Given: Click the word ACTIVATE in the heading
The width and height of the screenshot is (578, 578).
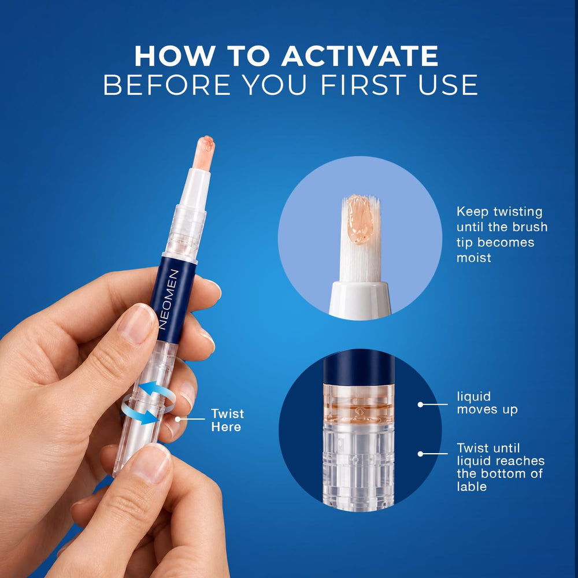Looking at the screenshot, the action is pyautogui.click(x=360, y=56).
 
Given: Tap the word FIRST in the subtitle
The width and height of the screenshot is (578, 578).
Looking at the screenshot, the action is pyautogui.click(x=364, y=85).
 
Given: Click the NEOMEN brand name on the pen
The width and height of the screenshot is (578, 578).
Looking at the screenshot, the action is pyautogui.click(x=169, y=299).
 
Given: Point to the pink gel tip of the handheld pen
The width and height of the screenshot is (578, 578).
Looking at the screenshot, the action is pyautogui.click(x=205, y=153).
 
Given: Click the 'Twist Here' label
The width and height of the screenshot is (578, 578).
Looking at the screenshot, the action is pyautogui.click(x=227, y=420).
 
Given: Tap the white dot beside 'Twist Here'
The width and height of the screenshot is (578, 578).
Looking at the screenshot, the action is pyautogui.click(x=177, y=419).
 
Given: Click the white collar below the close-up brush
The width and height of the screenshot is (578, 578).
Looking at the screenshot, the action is pyautogui.click(x=360, y=299).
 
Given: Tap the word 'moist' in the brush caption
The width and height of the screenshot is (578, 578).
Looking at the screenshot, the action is pyautogui.click(x=474, y=258).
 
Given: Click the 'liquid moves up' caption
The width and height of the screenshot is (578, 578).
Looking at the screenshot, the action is pyautogui.click(x=487, y=403).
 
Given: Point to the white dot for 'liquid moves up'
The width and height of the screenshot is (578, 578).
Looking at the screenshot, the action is pyautogui.click(x=420, y=405).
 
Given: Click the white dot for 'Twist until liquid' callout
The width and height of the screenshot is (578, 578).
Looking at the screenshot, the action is pyautogui.click(x=420, y=454).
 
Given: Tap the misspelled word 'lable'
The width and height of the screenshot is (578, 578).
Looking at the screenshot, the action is pyautogui.click(x=472, y=487).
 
